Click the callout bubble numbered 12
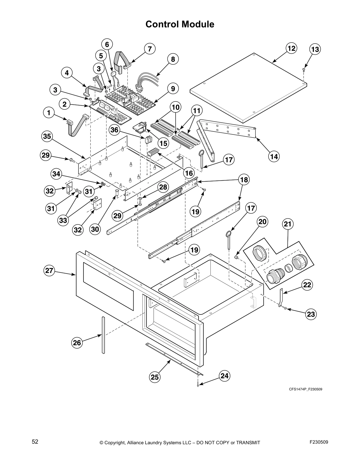[291, 48]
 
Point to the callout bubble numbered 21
[287, 224]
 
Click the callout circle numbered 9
[173, 88]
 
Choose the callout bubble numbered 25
[155, 377]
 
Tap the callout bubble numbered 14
[274, 157]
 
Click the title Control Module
[180, 24]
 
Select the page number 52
[35, 442]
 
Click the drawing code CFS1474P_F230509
[305, 389]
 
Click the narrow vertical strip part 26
[103, 334]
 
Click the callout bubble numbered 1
[49, 112]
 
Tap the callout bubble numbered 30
[95, 229]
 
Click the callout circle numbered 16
[189, 173]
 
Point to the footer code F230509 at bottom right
[319, 442]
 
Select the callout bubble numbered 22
[307, 285]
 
